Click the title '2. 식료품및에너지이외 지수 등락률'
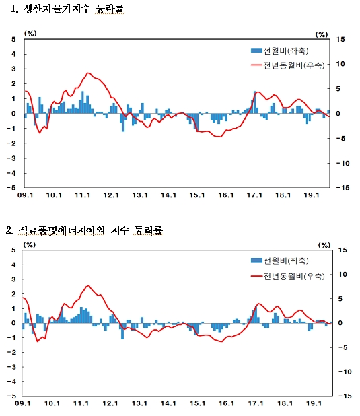tap(83, 230)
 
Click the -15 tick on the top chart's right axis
tap(340, 188)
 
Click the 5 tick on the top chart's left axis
tap(13, 40)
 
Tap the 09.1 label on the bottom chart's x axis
tap(24, 405)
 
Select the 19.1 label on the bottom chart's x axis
tap(312, 405)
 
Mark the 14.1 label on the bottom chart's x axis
tap(168, 405)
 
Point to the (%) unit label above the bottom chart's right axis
tap(324, 244)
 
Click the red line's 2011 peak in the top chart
tap(88, 73)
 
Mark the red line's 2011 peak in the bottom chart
tap(88, 285)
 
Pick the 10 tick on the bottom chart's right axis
tap(341, 275)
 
